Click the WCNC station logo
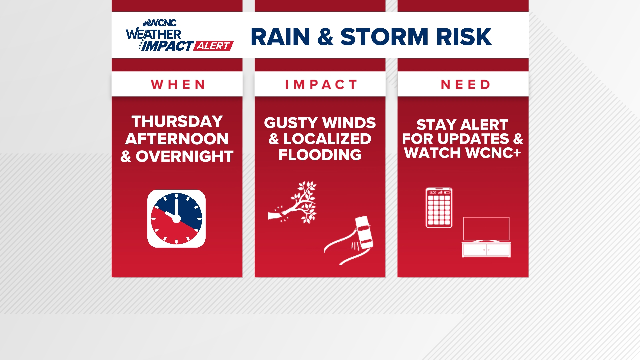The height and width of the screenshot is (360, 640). tap(160, 23)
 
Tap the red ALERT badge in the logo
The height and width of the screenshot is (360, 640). tap(214, 46)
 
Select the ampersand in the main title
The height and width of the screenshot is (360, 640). tap(325, 37)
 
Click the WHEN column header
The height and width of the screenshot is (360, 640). tap(177, 85)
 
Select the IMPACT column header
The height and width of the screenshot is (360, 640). tap(321, 85)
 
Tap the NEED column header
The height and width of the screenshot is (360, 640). tap(465, 85)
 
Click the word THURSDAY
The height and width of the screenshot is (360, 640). tap(177, 121)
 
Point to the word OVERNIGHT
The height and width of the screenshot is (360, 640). tap(184, 157)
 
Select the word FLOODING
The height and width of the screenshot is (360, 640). tap(320, 155)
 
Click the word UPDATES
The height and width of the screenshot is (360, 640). tap(473, 139)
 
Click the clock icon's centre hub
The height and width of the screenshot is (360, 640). tap(176, 219)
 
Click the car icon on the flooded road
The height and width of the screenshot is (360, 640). tap(364, 232)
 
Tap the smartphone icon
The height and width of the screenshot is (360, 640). tap(439, 208)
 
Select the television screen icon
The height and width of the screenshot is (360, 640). tap(486, 229)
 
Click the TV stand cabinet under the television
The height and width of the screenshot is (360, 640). tap(486, 250)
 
